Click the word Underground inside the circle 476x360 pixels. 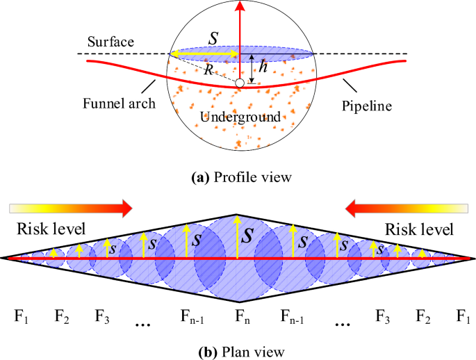click(x=240, y=117)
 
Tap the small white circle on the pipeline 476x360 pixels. click(x=240, y=83)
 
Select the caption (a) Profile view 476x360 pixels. click(x=238, y=177)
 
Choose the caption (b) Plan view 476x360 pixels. click(x=238, y=351)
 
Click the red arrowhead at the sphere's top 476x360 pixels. click(x=240, y=6)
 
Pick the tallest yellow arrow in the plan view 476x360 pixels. click(x=238, y=236)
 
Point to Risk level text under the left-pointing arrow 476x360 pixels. click(x=419, y=229)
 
